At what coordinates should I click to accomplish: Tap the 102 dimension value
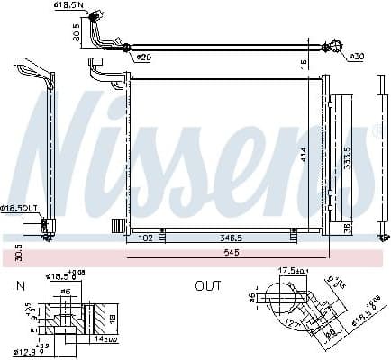(x=145, y=238)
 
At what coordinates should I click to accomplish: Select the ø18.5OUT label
(x=19, y=210)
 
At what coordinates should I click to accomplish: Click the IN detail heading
(x=19, y=286)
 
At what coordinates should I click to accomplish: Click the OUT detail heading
(x=207, y=286)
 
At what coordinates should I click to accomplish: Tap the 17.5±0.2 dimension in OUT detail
(x=288, y=270)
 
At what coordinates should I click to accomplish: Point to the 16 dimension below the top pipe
(x=304, y=63)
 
